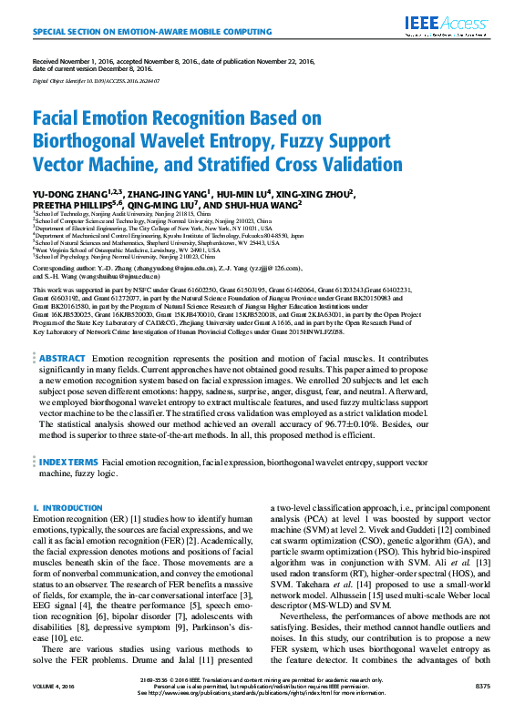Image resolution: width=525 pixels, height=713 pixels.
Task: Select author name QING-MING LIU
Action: [168, 207]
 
